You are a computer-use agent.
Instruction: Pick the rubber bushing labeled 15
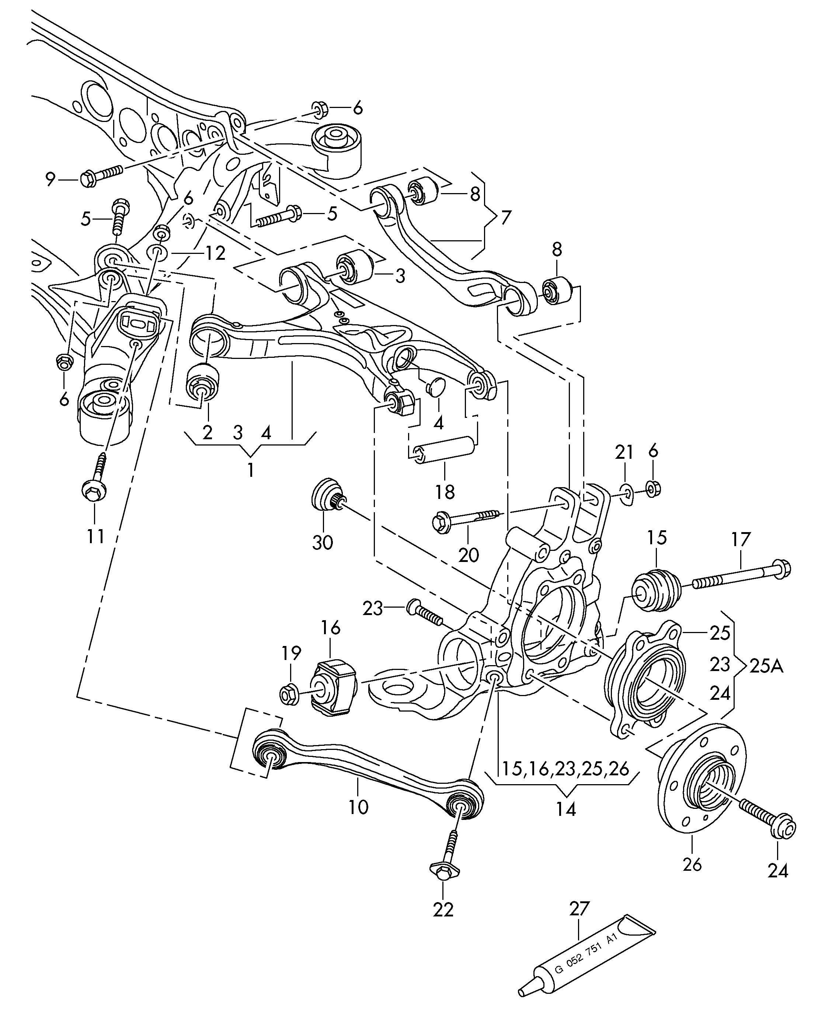point(656,591)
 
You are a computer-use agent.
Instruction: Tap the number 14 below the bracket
point(565,808)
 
